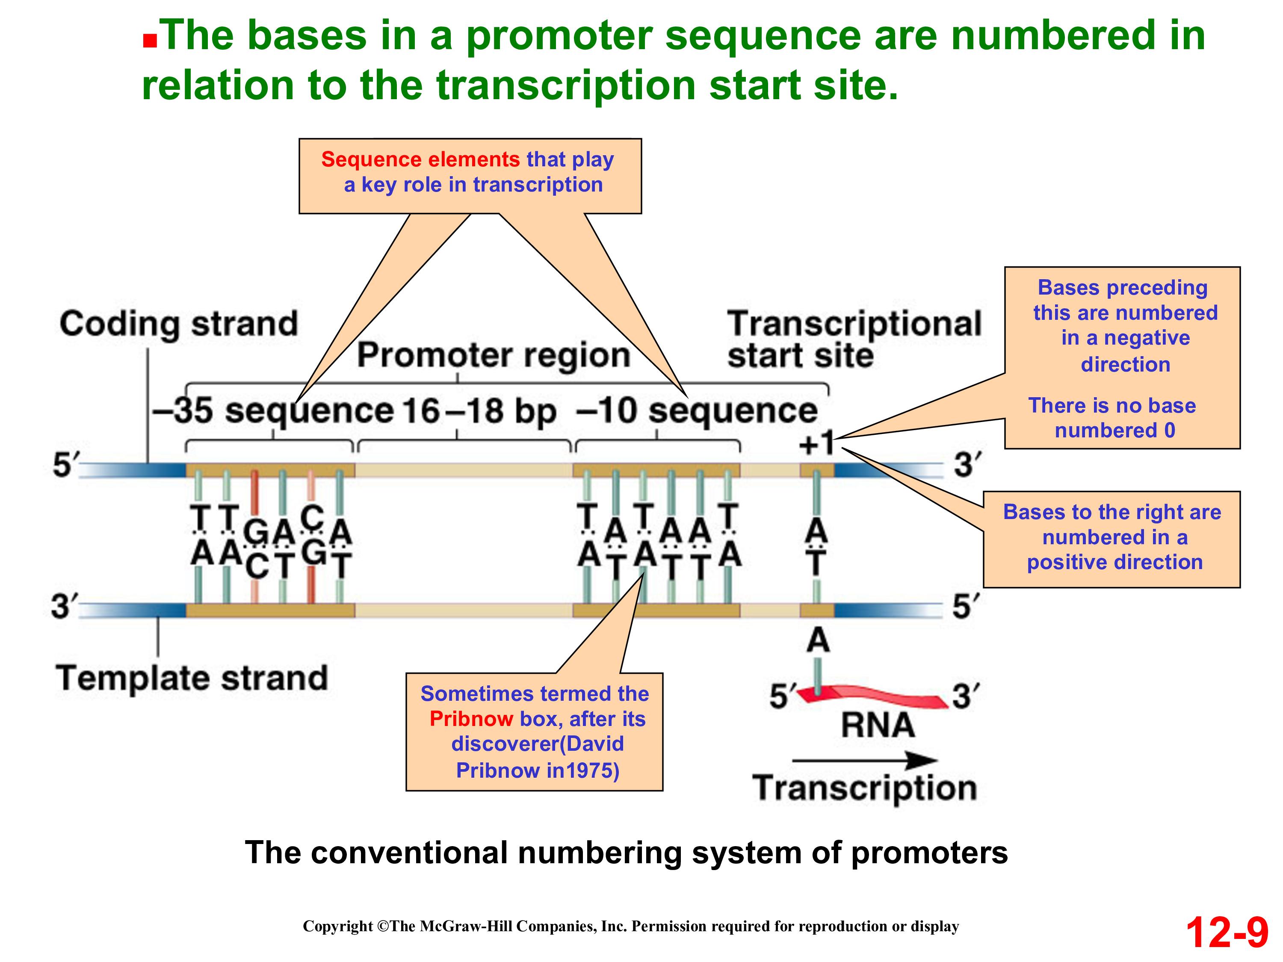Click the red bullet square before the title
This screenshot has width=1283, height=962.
click(150, 41)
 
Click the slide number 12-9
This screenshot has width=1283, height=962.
click(1226, 933)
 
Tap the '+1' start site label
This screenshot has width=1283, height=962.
click(816, 444)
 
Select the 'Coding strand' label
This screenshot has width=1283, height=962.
click(179, 324)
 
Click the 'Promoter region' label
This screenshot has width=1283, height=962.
click(494, 355)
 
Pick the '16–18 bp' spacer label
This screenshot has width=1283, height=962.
click(479, 410)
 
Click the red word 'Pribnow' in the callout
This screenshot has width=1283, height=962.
click(471, 719)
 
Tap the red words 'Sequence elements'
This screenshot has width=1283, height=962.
click(420, 159)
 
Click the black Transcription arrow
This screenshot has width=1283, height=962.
click(864, 760)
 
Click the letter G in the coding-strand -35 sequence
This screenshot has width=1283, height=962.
click(255, 532)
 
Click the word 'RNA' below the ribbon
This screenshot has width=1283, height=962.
click(878, 725)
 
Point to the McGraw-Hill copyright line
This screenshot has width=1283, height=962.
click(630, 927)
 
